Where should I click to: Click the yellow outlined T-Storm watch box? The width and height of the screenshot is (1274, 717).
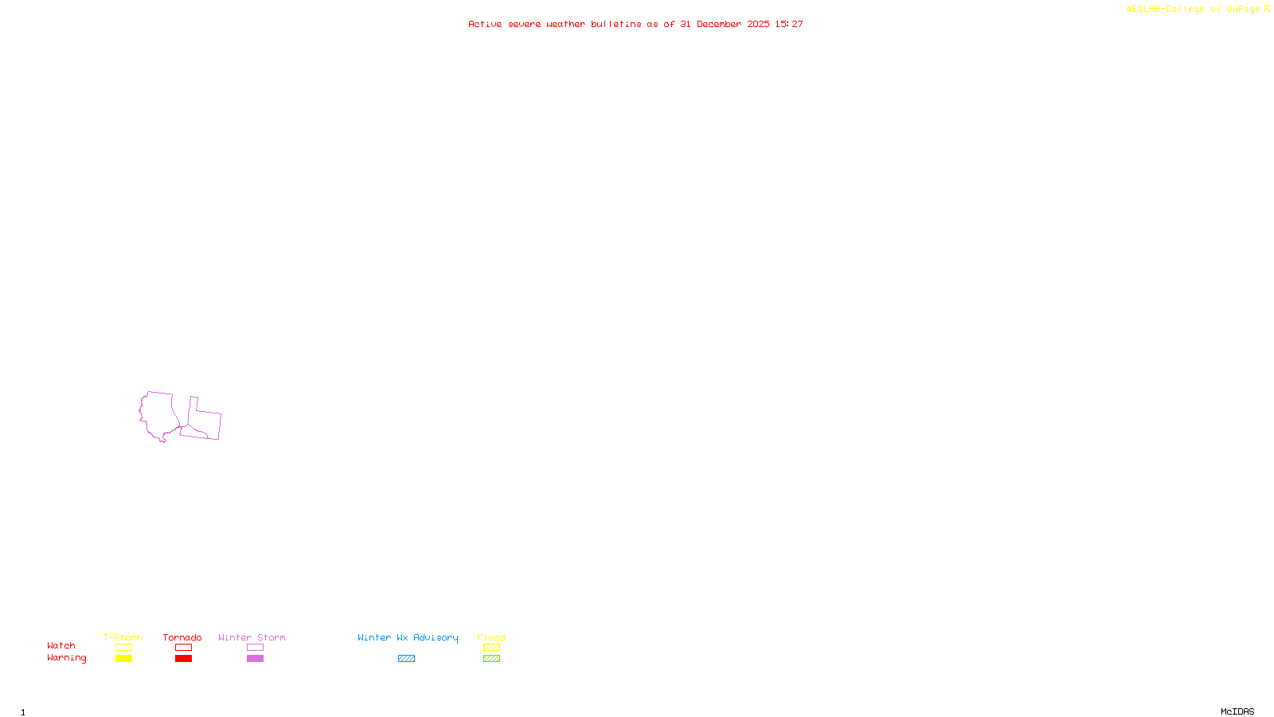[123, 648]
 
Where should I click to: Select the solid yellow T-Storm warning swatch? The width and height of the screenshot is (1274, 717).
[123, 659]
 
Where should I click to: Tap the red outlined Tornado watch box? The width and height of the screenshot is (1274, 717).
[183, 648]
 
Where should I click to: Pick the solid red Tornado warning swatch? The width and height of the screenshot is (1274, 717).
[183, 659]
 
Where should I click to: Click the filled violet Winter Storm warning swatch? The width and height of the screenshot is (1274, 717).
[255, 659]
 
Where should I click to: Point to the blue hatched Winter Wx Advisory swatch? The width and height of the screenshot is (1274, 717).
[406, 659]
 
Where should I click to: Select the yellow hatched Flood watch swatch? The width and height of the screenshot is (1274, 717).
[491, 648]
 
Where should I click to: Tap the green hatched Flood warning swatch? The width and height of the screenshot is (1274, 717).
[491, 659]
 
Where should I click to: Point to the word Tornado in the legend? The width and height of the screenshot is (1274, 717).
[182, 637]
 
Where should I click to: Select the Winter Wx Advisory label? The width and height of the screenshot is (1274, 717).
[408, 637]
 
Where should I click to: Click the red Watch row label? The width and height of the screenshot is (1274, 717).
[61, 646]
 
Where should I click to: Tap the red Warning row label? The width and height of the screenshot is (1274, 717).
[67, 658]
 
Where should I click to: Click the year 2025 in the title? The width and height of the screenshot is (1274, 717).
[758, 24]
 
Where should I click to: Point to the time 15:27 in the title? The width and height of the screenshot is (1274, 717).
[789, 24]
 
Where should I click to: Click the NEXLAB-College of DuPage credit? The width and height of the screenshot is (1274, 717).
[1194, 9]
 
